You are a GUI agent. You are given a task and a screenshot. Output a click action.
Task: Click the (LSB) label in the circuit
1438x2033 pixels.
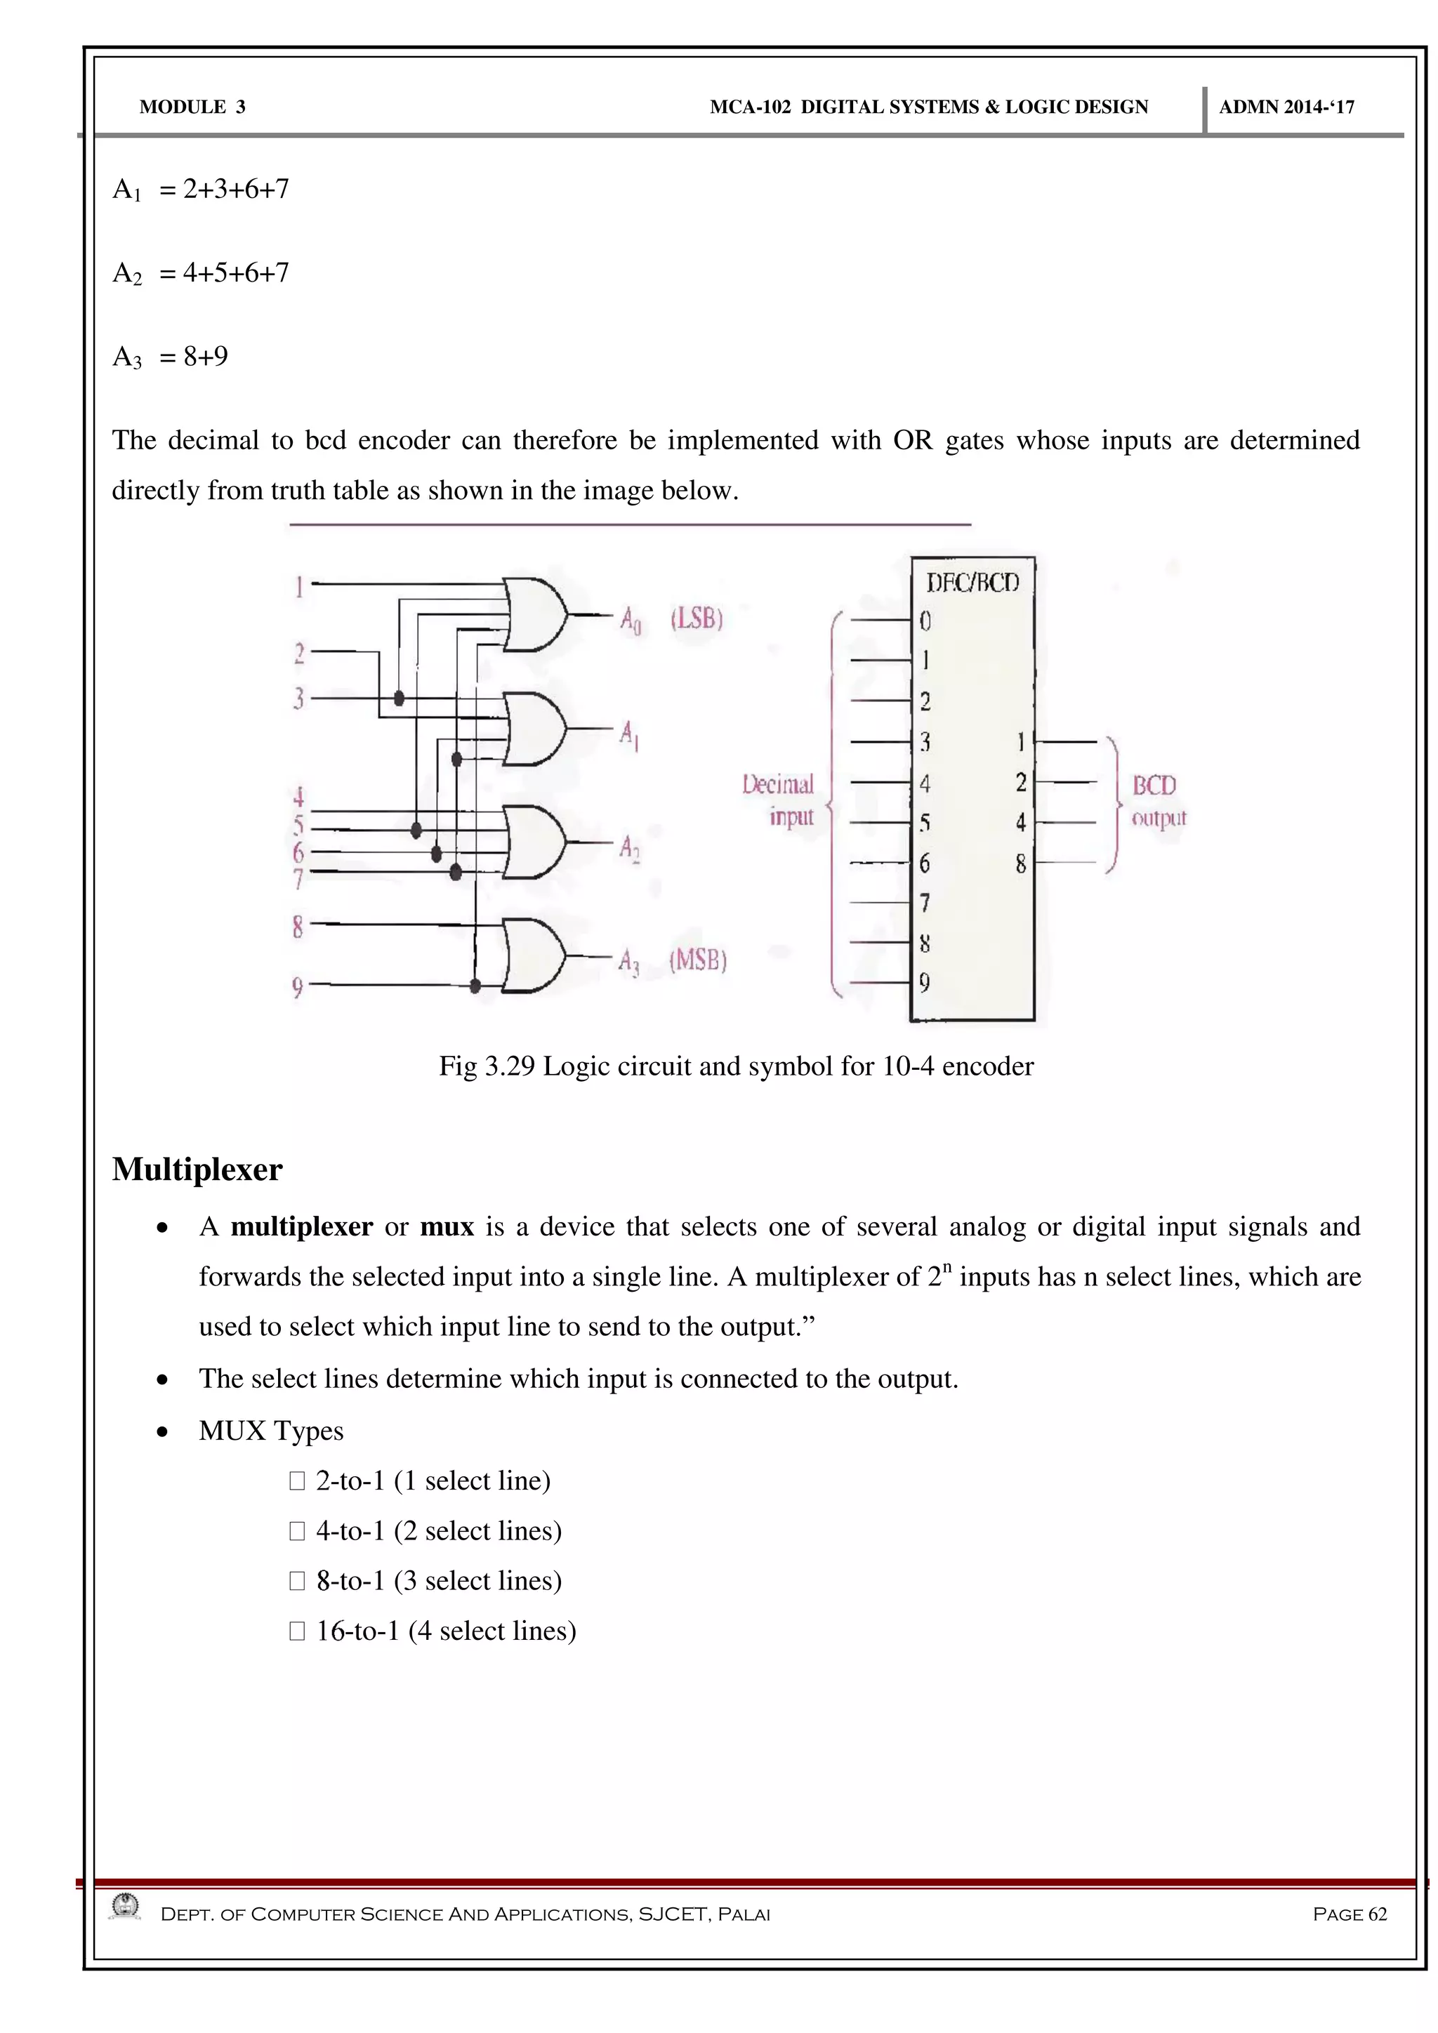coord(697,618)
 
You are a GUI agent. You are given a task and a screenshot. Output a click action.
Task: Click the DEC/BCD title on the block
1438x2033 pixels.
coord(972,583)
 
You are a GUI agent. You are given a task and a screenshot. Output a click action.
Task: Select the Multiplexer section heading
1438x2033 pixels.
coord(197,1170)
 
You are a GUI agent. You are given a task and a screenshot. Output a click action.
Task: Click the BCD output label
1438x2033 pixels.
coord(1156,800)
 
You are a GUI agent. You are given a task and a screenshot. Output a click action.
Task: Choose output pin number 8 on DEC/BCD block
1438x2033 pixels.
coord(1020,863)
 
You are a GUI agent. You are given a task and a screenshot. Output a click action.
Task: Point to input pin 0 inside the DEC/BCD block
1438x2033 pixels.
coord(925,621)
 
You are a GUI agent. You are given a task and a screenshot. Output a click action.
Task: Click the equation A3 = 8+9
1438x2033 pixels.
coord(170,357)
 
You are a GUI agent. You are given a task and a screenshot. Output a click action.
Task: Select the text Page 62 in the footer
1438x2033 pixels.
coord(1350,1914)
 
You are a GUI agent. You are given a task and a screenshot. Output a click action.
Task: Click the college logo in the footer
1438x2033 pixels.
coord(124,1907)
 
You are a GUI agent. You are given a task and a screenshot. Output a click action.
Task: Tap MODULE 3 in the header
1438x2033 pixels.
coord(192,107)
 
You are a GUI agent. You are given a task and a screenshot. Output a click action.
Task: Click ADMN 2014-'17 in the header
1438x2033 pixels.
coord(1286,107)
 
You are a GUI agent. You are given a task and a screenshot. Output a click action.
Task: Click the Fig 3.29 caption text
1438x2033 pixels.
coord(736,1066)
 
